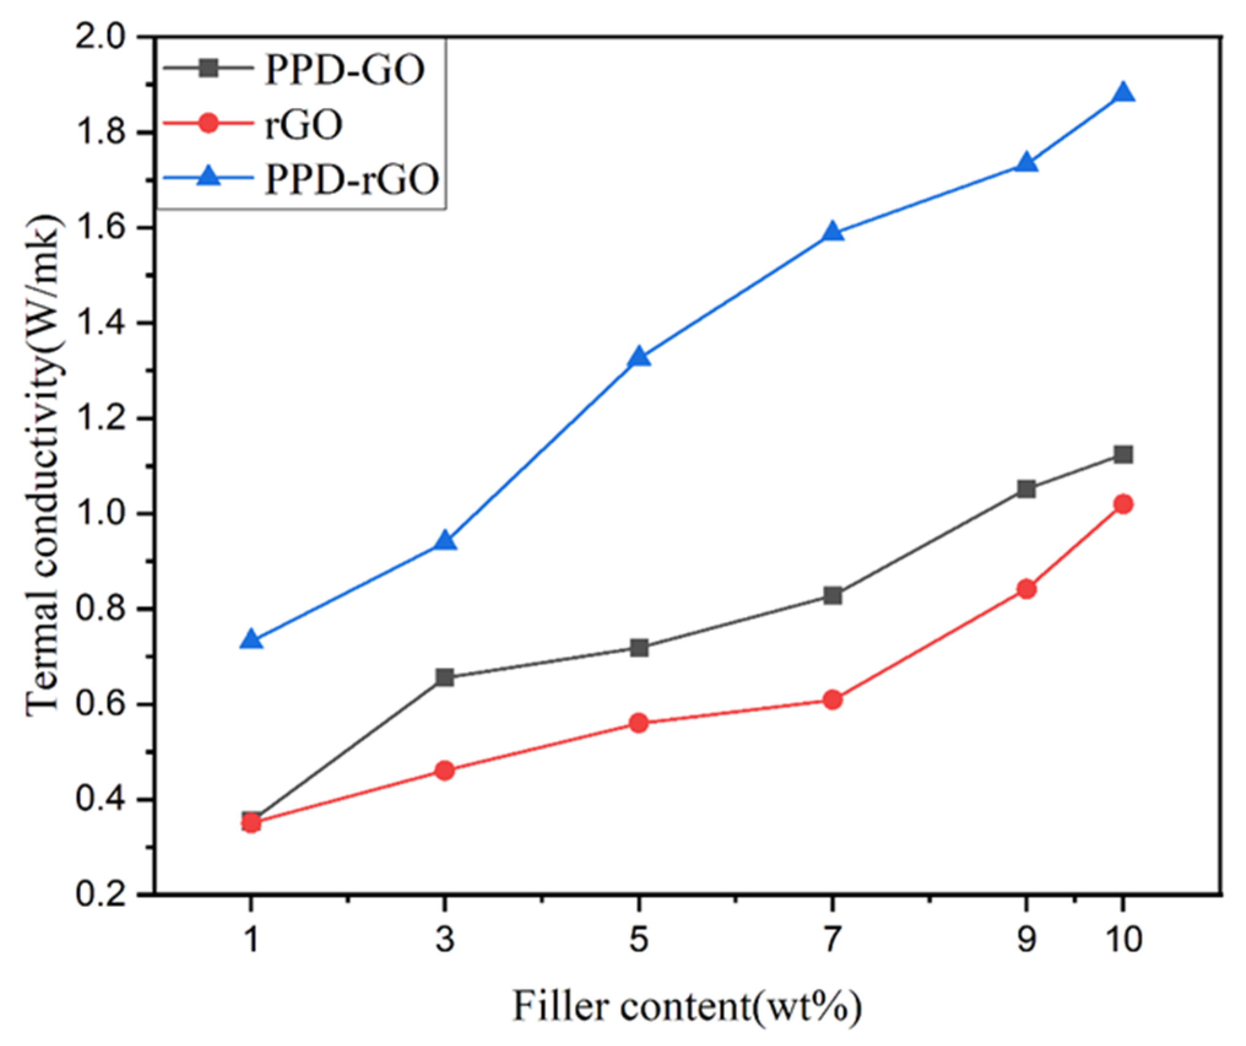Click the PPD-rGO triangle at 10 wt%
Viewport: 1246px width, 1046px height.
pyautogui.click(x=1123, y=94)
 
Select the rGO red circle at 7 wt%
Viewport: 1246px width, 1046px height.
pyautogui.click(x=832, y=700)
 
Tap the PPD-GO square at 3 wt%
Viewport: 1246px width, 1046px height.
pyautogui.click(x=445, y=678)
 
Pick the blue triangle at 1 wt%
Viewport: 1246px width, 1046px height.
pyautogui.click(x=251, y=641)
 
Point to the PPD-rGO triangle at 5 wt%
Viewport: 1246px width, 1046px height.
pyautogui.click(x=639, y=357)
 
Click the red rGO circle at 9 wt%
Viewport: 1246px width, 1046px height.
pyautogui.click(x=1026, y=589)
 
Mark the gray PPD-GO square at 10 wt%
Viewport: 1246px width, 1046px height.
pyautogui.click(x=1123, y=454)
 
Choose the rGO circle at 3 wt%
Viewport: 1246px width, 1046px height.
pyautogui.click(x=445, y=770)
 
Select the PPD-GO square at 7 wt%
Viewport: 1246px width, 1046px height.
pyautogui.click(x=832, y=595)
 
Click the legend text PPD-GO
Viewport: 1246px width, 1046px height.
pyautogui.click(x=345, y=69)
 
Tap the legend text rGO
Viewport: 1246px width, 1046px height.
pyautogui.click(x=304, y=125)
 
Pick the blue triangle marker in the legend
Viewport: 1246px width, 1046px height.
pyautogui.click(x=209, y=178)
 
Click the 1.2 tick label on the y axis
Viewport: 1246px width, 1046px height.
pyautogui.click(x=104, y=419)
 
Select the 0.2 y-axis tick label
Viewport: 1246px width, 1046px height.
pyautogui.click(x=104, y=895)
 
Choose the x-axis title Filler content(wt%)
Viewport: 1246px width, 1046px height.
pyautogui.click(x=687, y=1007)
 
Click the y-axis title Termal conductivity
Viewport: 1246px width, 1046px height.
pyautogui.click(x=44, y=466)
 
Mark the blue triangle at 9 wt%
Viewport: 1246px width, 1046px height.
pyautogui.click(x=1026, y=164)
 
